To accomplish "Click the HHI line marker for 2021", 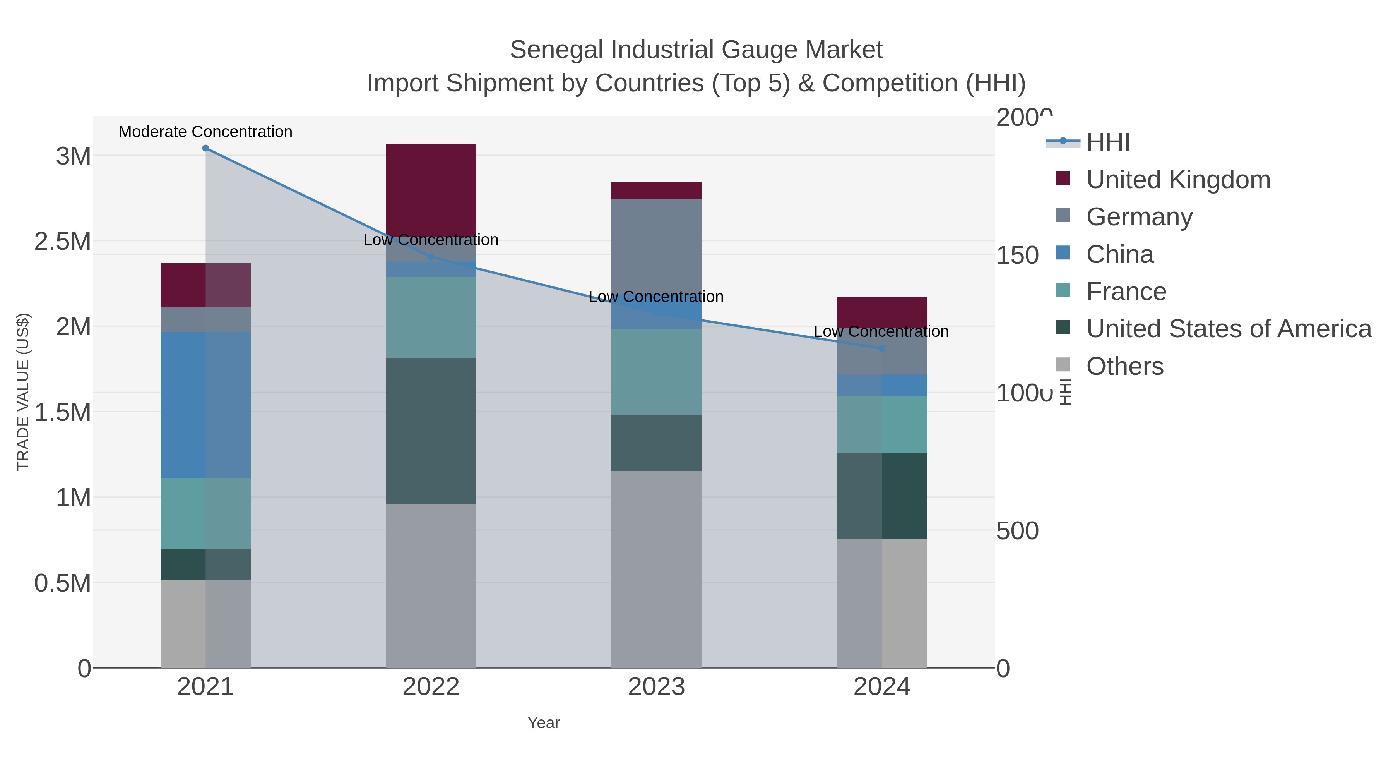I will pos(205,148).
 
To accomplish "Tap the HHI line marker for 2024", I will pos(882,348).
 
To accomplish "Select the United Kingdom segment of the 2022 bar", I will pos(431,189).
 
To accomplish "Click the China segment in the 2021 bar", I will pos(205,405).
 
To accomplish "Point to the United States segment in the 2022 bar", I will pos(431,431).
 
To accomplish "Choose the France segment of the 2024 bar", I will pos(882,424).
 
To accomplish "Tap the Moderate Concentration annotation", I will pos(205,132).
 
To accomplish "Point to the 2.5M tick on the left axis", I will pos(63,241).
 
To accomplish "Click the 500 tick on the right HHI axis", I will pos(1017,531).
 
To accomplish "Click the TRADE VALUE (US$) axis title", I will pos(23,392).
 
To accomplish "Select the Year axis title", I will pos(544,723).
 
